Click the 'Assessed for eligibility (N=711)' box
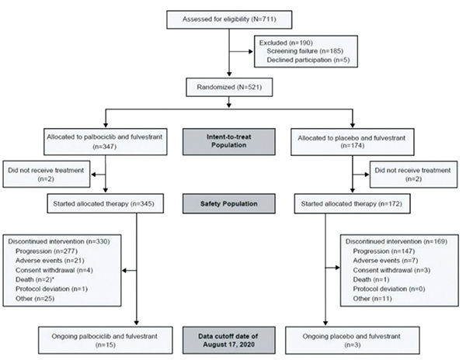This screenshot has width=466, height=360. point(229,19)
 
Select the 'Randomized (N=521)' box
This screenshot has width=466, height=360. point(229,87)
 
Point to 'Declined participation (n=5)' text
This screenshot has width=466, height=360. point(308,60)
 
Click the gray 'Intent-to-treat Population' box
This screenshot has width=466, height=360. point(229,141)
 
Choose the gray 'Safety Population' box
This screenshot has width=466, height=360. point(229,204)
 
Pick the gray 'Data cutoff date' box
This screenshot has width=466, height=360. point(229,341)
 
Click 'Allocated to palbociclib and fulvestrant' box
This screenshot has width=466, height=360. point(105,141)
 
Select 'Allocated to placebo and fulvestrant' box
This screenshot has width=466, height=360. point(353,142)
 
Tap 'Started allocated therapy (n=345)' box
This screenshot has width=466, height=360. point(105,204)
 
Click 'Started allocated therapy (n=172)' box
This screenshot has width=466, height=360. point(353,204)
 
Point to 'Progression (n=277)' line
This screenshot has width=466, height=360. point(47,251)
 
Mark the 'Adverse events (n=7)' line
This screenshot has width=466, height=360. point(385,261)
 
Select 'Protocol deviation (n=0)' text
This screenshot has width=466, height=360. point(389,289)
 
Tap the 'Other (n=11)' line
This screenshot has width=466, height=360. point(372,298)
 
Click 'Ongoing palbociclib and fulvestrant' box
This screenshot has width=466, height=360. point(105,341)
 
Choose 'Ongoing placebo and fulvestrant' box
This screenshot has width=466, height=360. point(353,341)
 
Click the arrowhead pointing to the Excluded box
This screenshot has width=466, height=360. point(251,52)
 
